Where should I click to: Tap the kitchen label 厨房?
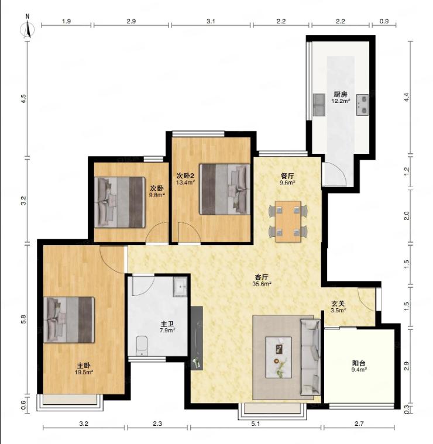point(340,94)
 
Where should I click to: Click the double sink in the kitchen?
point(319,105)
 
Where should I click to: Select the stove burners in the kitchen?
point(362,105)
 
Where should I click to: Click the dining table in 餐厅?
point(288,222)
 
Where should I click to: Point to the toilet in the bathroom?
point(142,346)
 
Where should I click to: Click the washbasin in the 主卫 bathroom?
point(180,287)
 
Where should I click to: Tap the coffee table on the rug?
point(279,357)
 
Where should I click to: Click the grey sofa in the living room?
point(310,357)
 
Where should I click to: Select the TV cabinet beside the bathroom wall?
point(197,338)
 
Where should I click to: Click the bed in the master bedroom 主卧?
point(69,319)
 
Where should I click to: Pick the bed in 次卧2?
point(225,189)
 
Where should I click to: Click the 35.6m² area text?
point(262,284)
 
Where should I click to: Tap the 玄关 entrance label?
point(338,304)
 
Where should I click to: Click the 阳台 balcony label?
point(359,363)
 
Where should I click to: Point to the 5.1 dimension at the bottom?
point(256,424)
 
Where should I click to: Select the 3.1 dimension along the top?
point(211,21)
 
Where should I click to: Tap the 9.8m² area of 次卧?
point(157,195)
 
